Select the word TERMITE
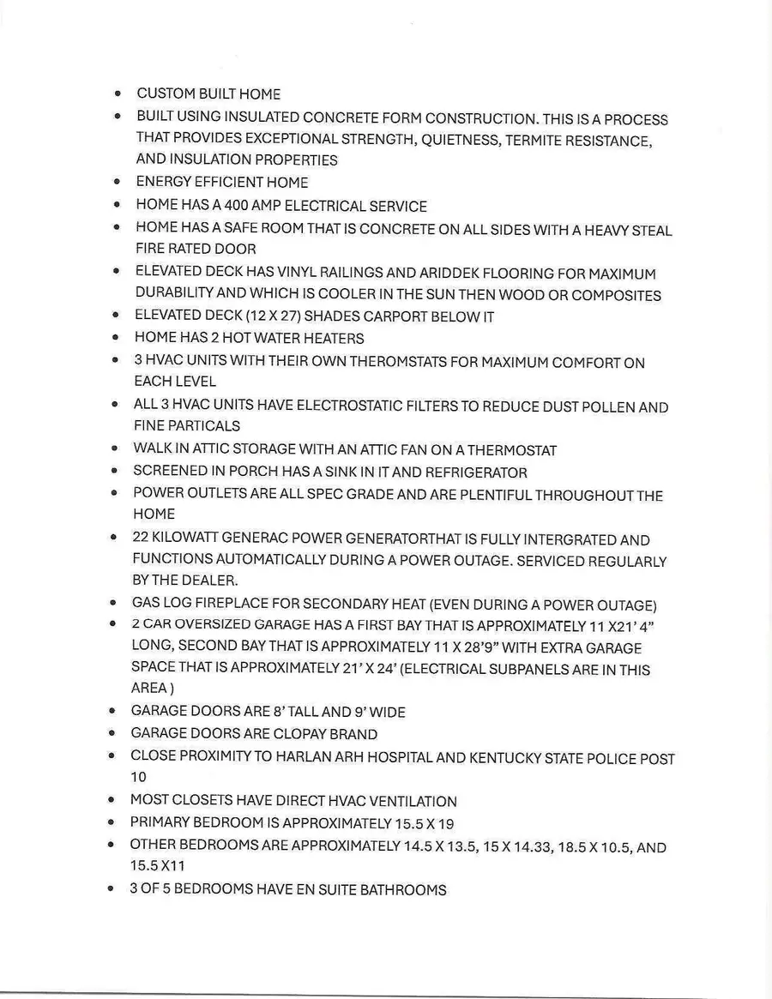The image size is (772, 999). [540, 141]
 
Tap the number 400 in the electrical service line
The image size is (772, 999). [238, 206]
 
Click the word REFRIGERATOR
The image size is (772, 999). [476, 472]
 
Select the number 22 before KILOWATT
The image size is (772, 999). [141, 539]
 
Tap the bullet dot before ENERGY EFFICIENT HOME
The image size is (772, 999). [116, 183]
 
